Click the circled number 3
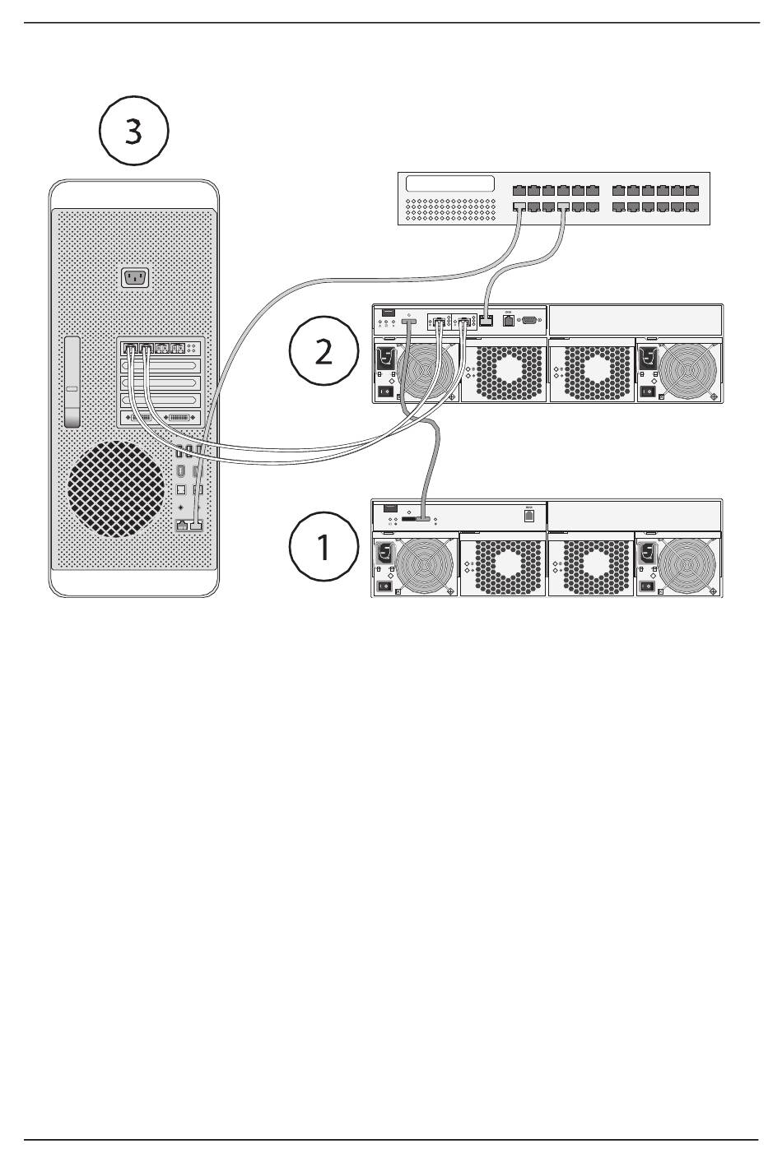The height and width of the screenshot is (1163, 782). pyautogui.click(x=134, y=132)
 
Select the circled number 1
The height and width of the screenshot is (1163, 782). pyautogui.click(x=324, y=545)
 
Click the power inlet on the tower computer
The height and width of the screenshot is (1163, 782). pyautogui.click(x=134, y=278)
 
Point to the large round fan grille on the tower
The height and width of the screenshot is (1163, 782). pyautogui.click(x=116, y=489)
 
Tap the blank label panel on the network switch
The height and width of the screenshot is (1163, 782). pyautogui.click(x=450, y=184)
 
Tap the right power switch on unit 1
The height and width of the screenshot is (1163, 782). pyautogui.click(x=647, y=587)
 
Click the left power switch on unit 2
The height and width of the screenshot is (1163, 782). pyautogui.click(x=384, y=392)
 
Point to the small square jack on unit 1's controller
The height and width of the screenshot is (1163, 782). pyautogui.click(x=529, y=516)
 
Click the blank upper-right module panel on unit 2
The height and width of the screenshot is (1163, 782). pyautogui.click(x=635, y=319)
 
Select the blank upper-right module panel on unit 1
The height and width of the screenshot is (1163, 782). pyautogui.click(x=635, y=514)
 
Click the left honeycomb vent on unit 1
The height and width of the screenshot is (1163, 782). pyautogui.click(x=503, y=565)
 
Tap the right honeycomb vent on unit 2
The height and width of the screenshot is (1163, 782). pyautogui.click(x=590, y=371)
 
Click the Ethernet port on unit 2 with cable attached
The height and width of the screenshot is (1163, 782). pyautogui.click(x=486, y=320)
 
